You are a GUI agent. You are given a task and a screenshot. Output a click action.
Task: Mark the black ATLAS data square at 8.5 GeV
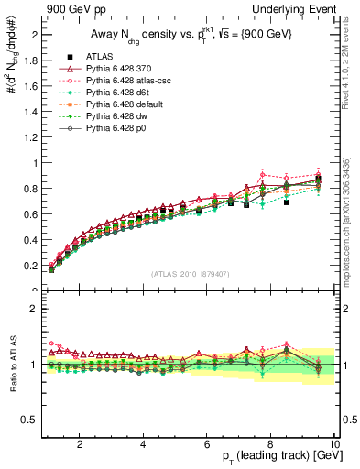click(x=287, y=202)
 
